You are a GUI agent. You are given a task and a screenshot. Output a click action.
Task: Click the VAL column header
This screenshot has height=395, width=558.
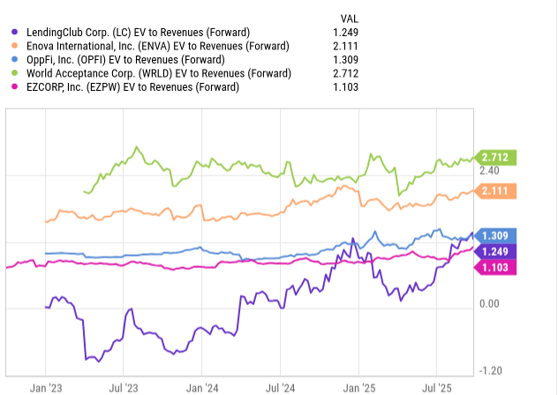(x=349, y=17)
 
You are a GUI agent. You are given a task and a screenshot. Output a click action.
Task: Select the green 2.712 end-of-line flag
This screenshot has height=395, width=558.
(x=497, y=158)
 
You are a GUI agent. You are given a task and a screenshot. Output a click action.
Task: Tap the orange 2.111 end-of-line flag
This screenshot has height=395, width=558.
(x=497, y=191)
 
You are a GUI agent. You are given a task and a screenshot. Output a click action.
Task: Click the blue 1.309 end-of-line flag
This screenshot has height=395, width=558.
(x=497, y=235)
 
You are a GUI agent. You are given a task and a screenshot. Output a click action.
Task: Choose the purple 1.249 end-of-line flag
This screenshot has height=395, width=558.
(x=497, y=251)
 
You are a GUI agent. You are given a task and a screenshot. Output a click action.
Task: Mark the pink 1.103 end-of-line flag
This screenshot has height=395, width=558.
(x=497, y=267)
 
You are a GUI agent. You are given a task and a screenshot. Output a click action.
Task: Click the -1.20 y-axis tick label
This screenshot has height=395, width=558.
(x=489, y=370)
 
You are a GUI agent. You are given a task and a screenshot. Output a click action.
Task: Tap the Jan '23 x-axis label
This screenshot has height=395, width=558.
(x=46, y=386)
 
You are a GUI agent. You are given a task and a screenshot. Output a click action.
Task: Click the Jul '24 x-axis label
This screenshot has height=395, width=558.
(x=282, y=386)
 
